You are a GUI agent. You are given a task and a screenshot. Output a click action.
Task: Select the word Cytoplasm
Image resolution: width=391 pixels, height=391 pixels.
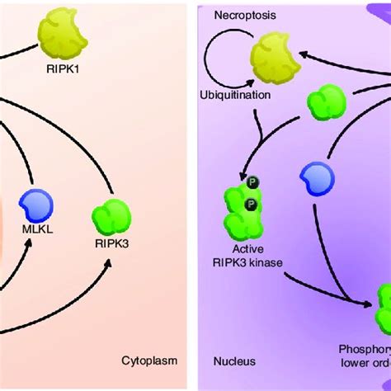(x=149, y=360)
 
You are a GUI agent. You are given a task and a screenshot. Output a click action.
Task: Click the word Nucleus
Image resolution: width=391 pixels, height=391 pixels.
(x=234, y=360)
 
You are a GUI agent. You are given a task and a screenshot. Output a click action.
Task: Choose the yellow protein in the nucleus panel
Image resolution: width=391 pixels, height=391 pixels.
(x=272, y=57)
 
